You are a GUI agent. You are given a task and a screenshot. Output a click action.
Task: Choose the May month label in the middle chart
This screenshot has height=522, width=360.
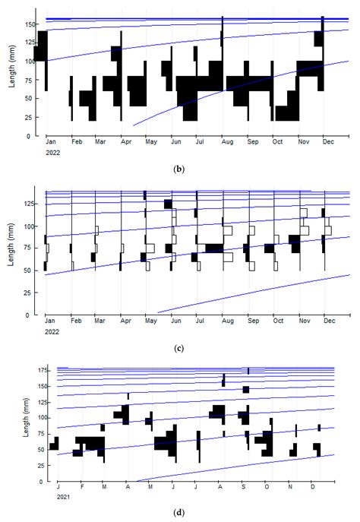151,322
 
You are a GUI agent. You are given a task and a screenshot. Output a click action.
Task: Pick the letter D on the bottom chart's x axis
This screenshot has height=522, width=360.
312,487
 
